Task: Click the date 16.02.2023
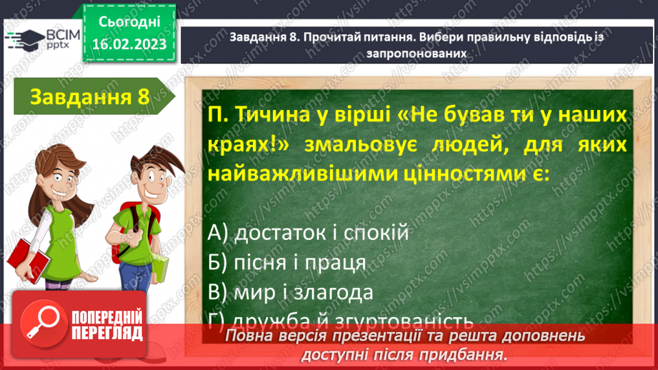[128, 44]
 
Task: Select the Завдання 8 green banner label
[89, 97]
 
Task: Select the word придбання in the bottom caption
[467, 354]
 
